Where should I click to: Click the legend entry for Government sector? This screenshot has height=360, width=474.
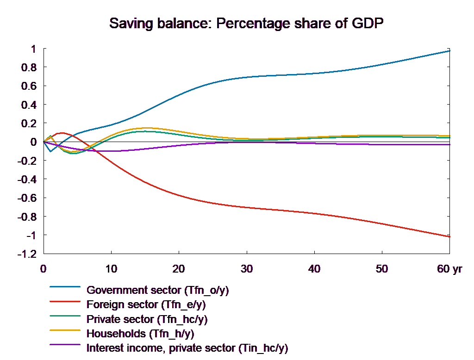[x=158, y=290]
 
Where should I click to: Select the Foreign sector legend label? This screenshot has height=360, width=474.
[x=146, y=305]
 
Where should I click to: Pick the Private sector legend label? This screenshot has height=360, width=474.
[x=147, y=319]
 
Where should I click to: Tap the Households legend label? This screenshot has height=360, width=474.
[x=140, y=334]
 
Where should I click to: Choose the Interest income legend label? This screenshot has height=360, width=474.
[x=187, y=348]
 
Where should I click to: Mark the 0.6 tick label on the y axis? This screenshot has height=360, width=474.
[x=29, y=86]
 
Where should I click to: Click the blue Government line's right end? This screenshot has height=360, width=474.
[x=450, y=51]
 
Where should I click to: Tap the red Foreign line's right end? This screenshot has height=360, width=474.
[x=450, y=236]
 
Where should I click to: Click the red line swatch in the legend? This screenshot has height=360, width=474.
[x=65, y=305]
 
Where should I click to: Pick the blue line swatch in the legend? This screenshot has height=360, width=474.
[x=65, y=290]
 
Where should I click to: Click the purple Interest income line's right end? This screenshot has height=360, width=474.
[x=450, y=144]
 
